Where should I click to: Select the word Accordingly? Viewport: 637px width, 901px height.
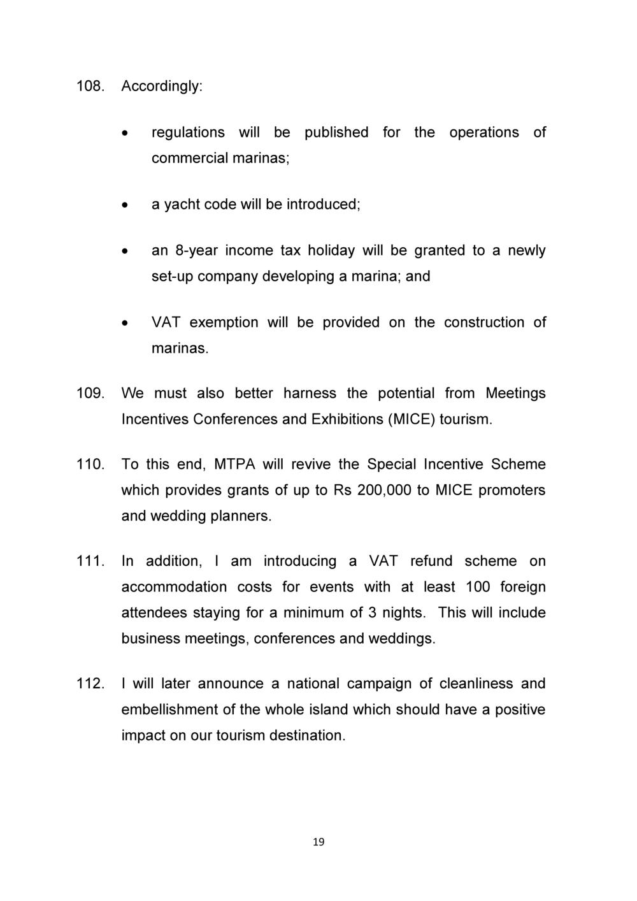[161, 87]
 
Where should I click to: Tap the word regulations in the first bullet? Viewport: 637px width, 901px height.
[188, 133]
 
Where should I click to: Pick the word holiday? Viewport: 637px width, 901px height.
[331, 250]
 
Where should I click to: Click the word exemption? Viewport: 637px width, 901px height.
[224, 322]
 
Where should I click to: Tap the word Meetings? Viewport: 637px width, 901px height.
[515, 394]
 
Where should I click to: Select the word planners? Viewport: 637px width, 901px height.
[241, 516]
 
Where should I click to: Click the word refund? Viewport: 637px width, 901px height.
[431, 561]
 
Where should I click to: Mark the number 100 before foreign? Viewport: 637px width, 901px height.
[478, 587]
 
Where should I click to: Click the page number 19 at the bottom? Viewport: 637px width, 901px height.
[318, 842]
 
